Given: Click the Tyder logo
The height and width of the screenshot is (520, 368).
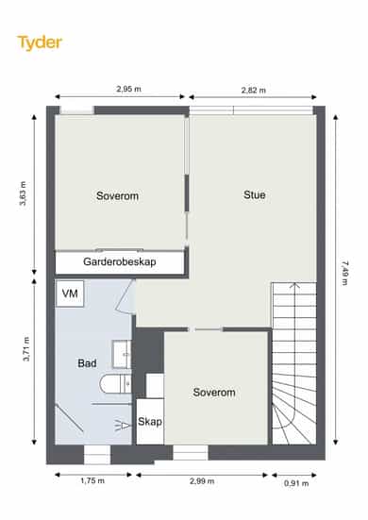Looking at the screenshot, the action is click(40, 42).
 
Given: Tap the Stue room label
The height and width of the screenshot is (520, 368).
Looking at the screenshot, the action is click(254, 194).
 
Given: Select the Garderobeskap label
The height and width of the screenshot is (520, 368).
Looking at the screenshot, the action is click(120, 261).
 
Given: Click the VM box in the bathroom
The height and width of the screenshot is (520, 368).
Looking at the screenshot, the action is click(70, 294).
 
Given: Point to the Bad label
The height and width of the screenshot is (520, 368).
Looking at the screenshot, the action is click(87, 363).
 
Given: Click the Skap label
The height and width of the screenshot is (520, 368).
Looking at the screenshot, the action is click(150, 422).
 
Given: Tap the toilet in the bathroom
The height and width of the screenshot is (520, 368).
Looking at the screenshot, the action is click(116, 384).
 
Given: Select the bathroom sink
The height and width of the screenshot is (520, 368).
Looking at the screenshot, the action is click(122, 354).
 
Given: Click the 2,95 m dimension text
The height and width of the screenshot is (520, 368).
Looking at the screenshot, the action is click(128, 89).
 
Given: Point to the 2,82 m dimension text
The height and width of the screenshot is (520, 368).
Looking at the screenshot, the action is click(253, 90).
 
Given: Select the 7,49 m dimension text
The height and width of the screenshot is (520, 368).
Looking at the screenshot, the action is click(344, 274).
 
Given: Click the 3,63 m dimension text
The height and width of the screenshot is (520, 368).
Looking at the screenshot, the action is click(23, 193).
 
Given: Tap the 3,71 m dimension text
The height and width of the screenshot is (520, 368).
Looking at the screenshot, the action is click(26, 349).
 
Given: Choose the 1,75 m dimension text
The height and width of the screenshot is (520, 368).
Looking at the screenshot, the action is click(92, 480).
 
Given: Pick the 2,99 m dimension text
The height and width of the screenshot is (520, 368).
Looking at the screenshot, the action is click(202, 481).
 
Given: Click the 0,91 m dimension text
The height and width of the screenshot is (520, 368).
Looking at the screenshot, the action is click(296, 483).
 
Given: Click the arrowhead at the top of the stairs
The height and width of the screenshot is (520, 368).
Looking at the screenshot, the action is click(294, 285).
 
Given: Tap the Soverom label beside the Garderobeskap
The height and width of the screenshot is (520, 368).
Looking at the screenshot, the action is click(117, 195).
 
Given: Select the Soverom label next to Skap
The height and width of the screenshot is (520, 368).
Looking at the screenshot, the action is click(214, 393).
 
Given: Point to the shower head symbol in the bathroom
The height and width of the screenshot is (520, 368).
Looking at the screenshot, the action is click(123, 425).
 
